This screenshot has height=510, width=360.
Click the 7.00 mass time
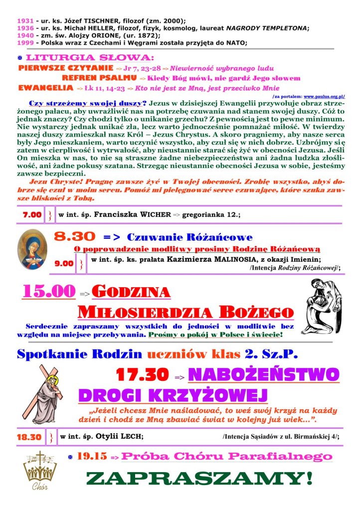[32, 214]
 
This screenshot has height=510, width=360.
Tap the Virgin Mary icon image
[31, 249]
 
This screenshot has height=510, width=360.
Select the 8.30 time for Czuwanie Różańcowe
[74, 237]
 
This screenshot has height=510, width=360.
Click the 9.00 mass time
[63, 263]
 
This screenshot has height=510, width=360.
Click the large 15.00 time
[48, 292]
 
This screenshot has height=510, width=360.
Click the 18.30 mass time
[29, 437]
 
